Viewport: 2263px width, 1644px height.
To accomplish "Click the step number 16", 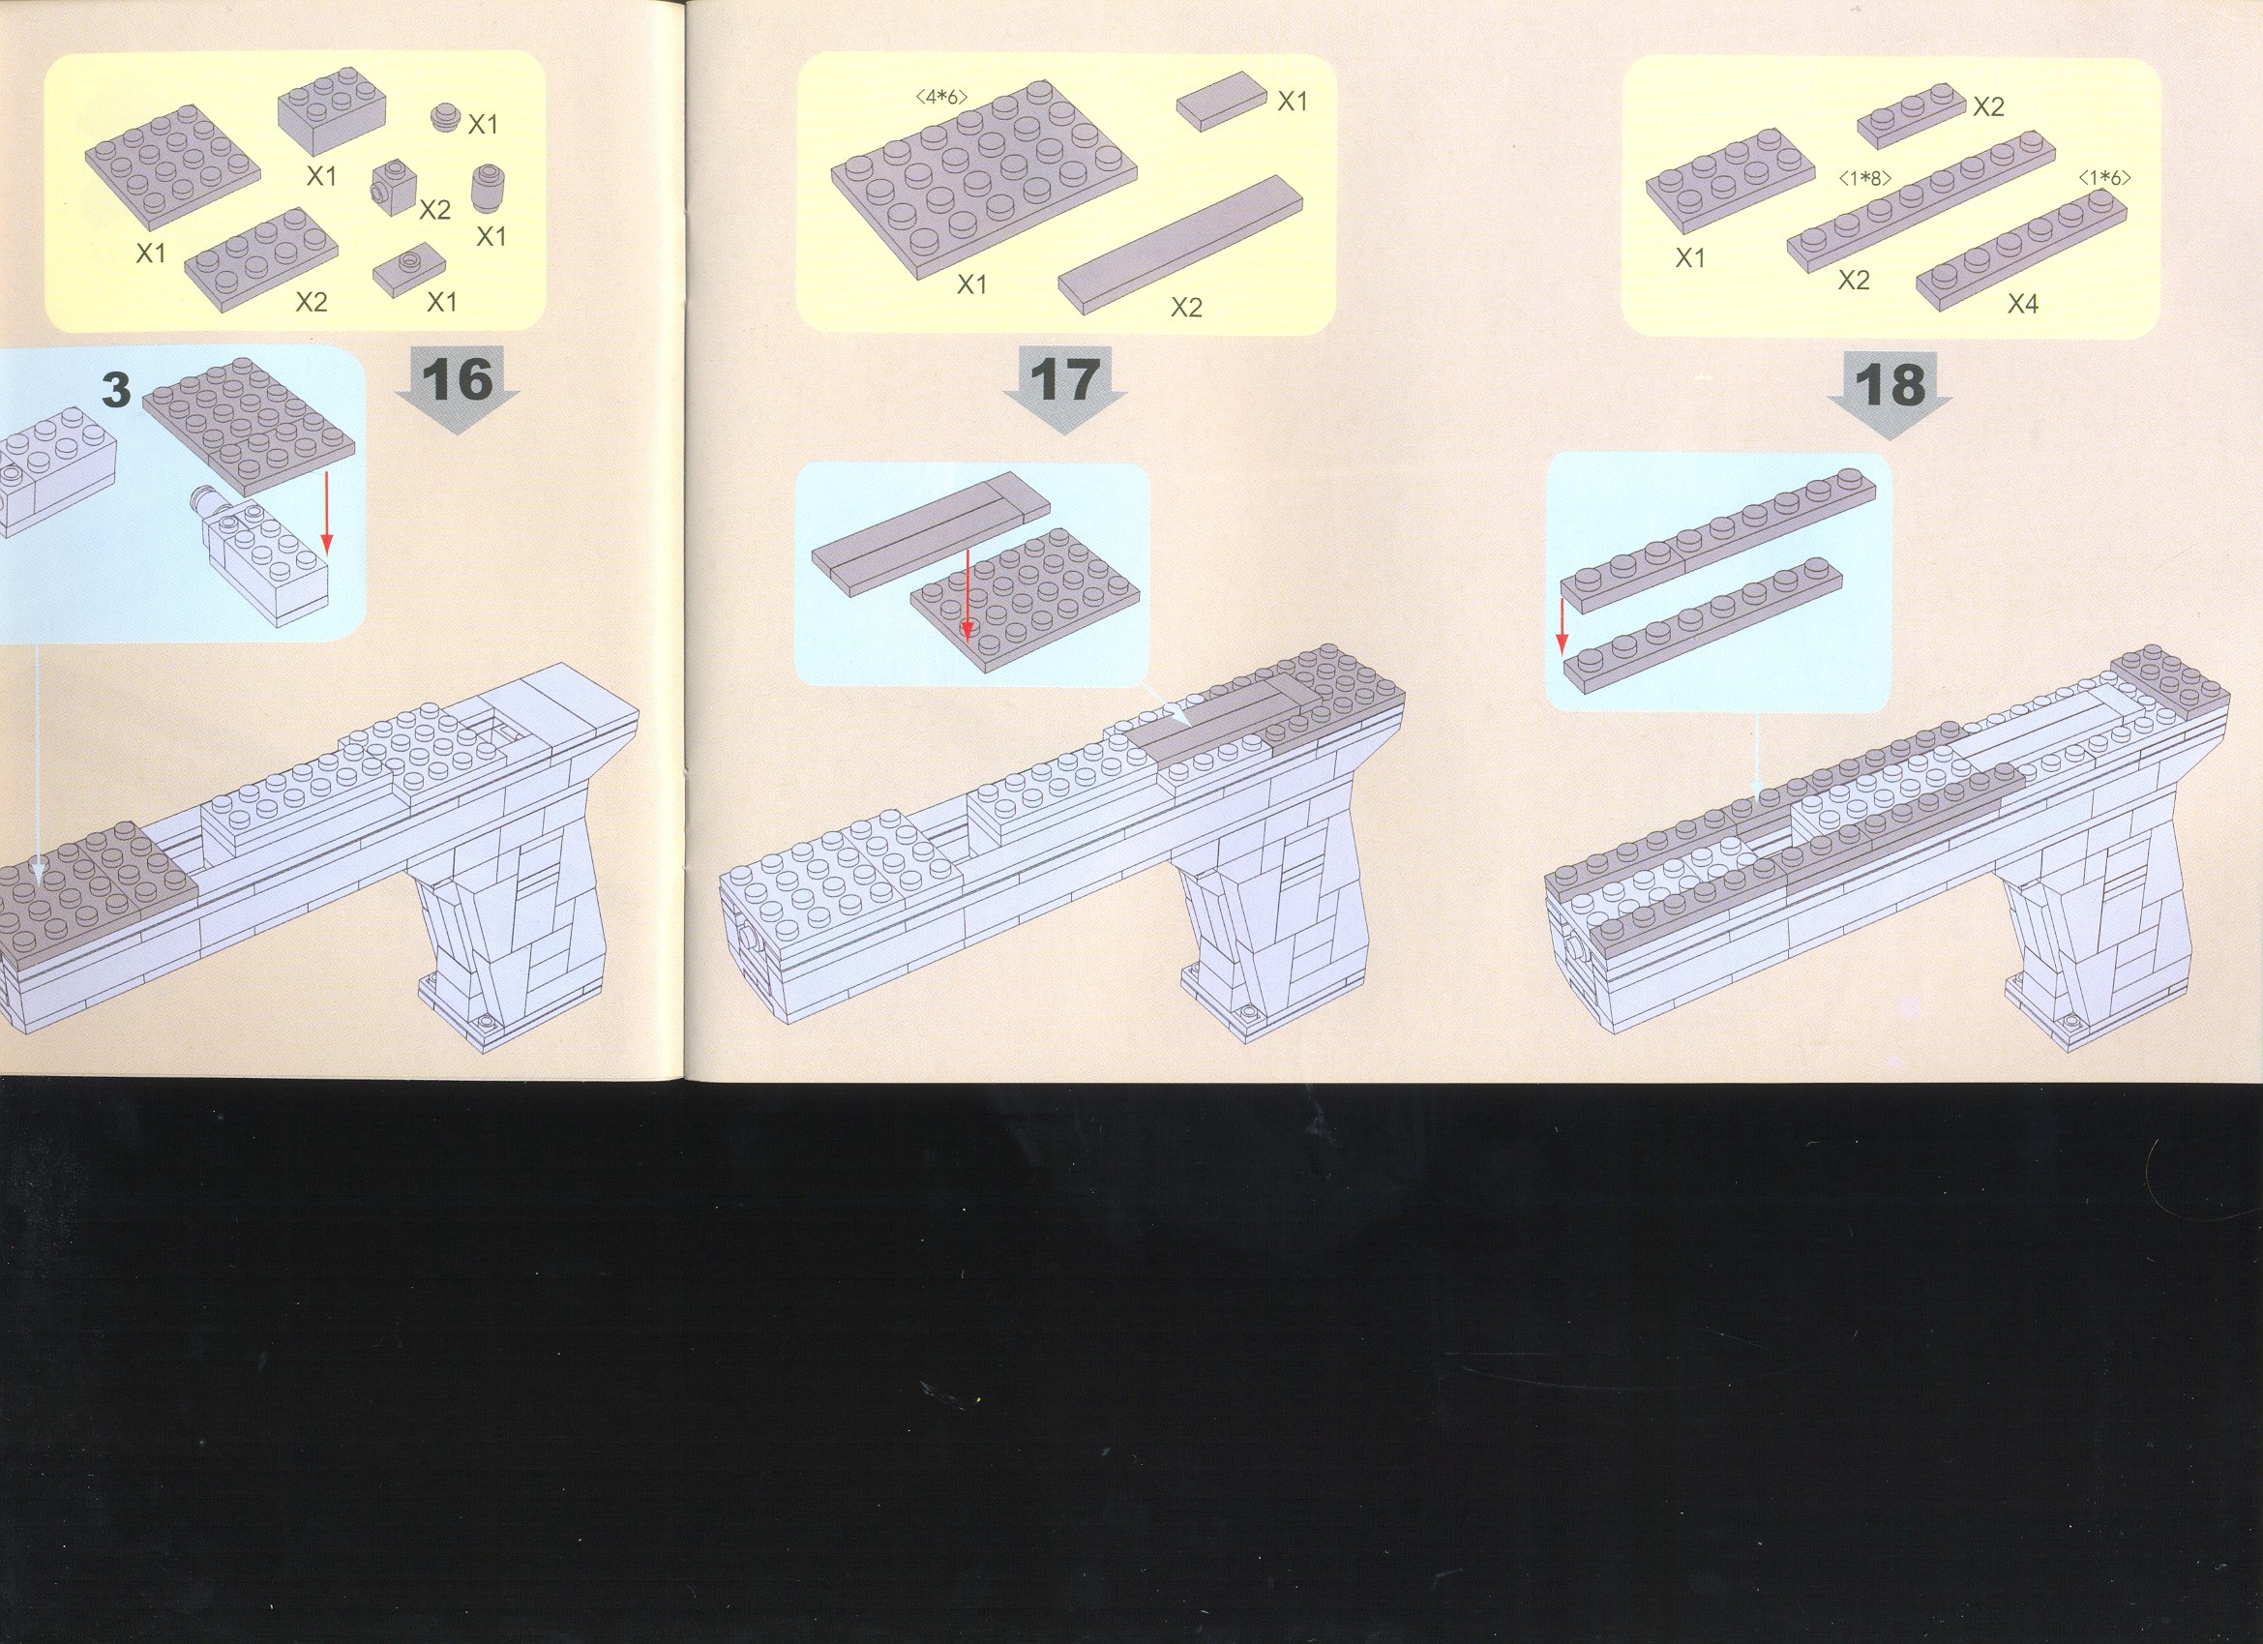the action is click(x=458, y=380).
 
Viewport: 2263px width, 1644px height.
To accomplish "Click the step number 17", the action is click(x=1065, y=380).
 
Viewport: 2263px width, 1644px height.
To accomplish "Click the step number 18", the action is click(x=1891, y=385).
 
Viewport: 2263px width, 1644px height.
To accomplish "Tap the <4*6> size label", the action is click(x=941, y=97).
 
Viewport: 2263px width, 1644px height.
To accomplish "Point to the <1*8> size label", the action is click(x=1865, y=180).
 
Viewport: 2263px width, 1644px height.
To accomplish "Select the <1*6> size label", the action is click(x=2104, y=179).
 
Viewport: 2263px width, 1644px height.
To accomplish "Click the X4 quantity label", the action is click(x=2022, y=304).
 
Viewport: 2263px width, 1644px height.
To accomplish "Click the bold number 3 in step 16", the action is click(x=117, y=388).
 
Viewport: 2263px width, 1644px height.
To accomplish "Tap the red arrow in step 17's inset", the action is click(x=967, y=594).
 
